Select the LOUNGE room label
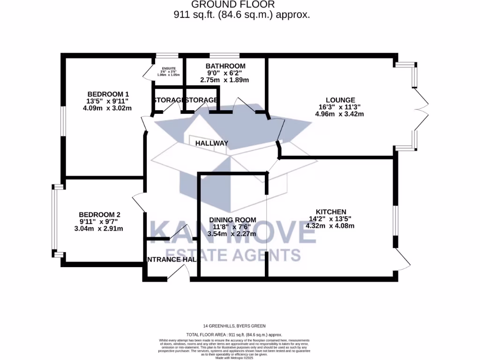point(340,100)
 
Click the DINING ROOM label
point(232,220)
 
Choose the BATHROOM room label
point(225,66)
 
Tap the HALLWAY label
point(212,143)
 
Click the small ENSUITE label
point(168,68)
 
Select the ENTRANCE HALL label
point(165,259)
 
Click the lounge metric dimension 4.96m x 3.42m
point(340,114)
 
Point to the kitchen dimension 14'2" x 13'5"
point(330,218)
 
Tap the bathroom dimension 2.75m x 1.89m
point(225,80)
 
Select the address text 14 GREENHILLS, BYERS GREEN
point(240,326)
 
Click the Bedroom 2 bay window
point(54,220)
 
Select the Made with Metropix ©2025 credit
point(240,358)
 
